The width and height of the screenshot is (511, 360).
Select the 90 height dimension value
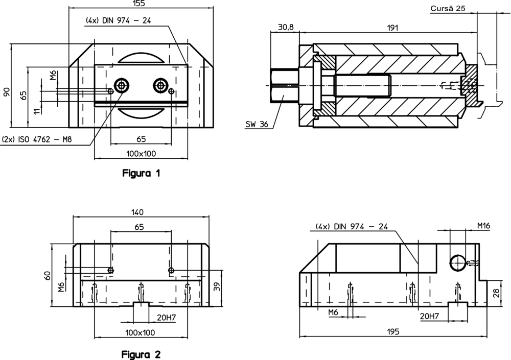(6, 92)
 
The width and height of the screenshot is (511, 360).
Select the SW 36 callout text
(257, 124)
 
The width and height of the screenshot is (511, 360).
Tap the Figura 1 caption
(142, 174)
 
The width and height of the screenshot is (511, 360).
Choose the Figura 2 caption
(142, 354)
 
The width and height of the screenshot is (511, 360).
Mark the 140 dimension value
(137, 212)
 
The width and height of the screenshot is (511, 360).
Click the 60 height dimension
(48, 276)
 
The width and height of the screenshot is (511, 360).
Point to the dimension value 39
(217, 288)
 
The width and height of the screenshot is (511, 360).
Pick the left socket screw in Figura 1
(122, 85)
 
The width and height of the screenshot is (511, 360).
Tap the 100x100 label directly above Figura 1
(142, 153)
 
